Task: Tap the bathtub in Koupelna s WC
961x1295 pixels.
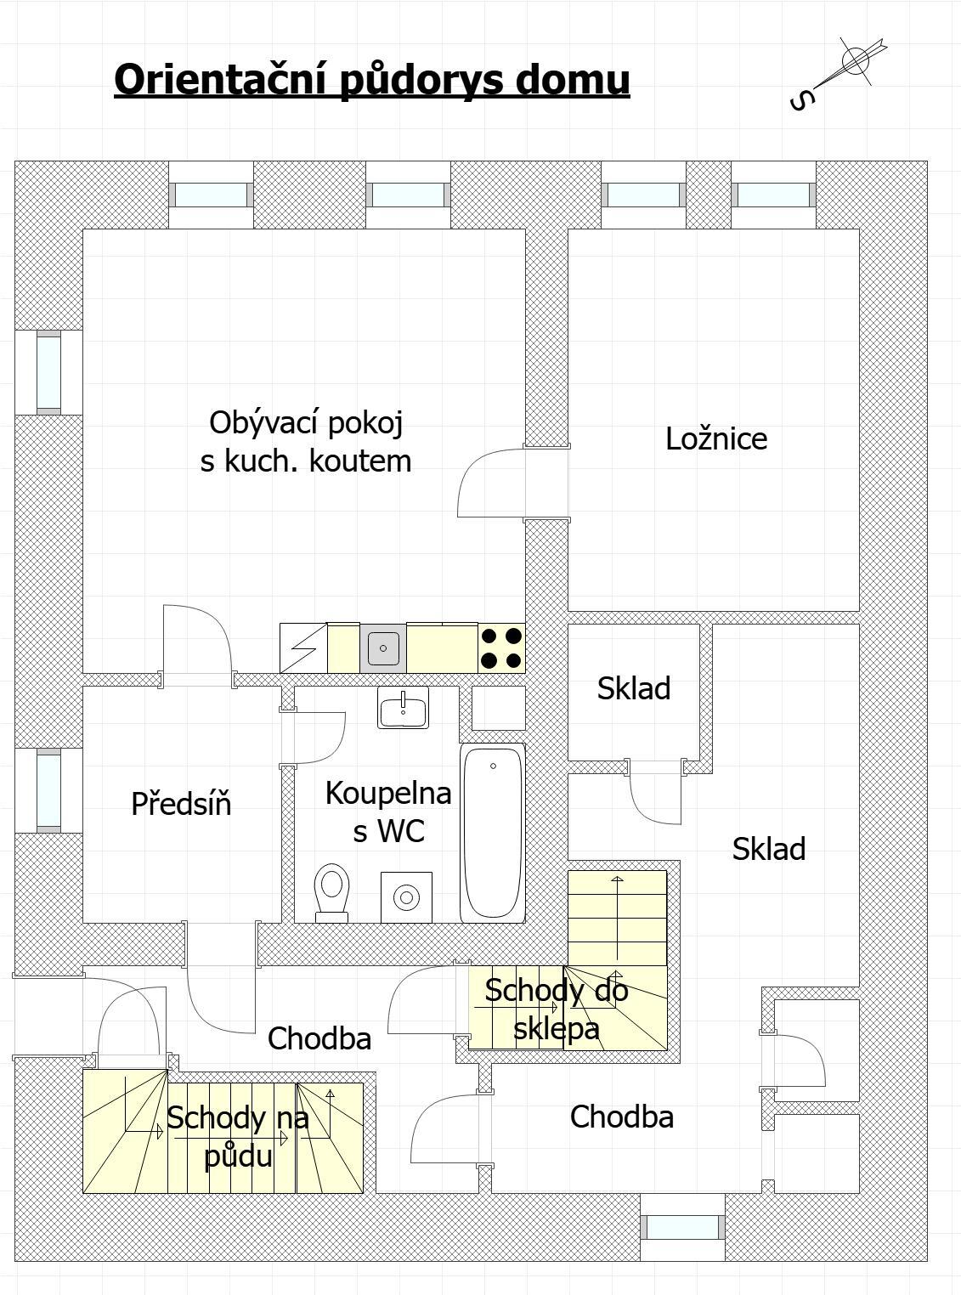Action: click(492, 833)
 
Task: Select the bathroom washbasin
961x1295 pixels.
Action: click(403, 707)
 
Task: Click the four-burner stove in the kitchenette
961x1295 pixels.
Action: click(501, 648)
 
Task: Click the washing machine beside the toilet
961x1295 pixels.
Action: click(406, 897)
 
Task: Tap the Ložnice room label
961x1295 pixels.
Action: click(716, 439)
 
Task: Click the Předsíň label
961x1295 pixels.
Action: click(181, 803)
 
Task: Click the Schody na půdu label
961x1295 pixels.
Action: click(238, 1136)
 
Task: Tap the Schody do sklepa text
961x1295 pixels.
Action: click(557, 1009)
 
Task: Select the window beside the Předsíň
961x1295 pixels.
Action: click(48, 790)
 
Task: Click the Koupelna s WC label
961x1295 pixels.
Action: click(388, 811)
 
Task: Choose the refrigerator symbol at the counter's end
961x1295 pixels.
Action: click(303, 648)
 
